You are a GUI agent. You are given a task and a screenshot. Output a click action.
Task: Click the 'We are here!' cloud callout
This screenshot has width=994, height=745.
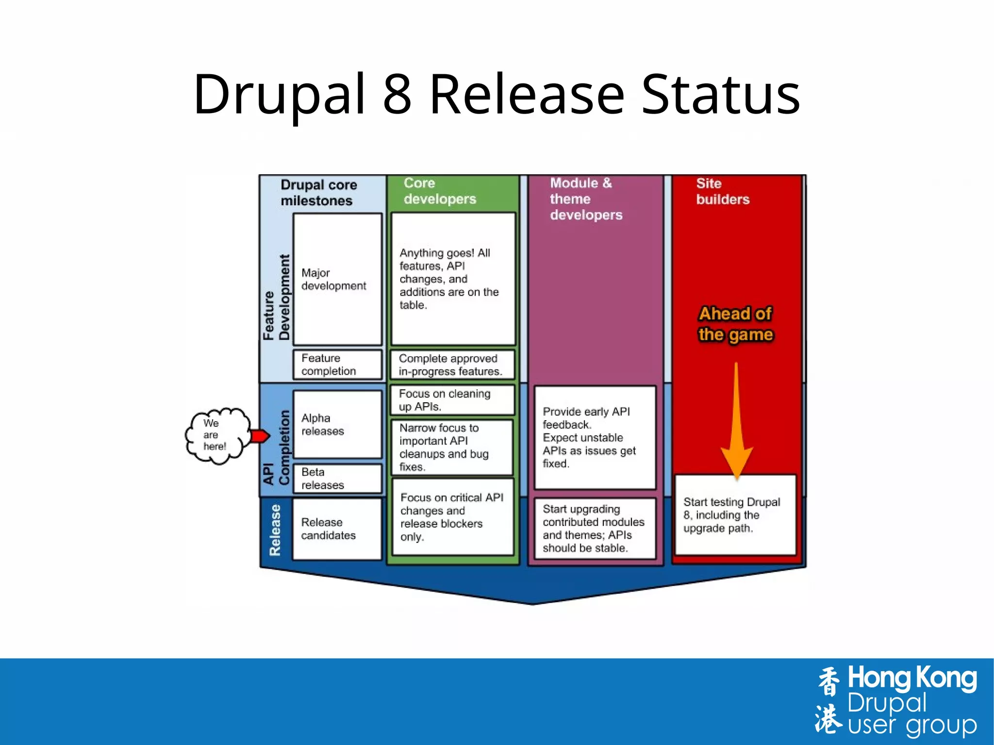(x=216, y=435)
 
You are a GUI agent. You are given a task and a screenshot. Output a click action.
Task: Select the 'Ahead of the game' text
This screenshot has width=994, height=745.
(x=735, y=324)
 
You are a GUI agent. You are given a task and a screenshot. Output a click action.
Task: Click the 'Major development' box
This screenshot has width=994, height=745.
(x=337, y=280)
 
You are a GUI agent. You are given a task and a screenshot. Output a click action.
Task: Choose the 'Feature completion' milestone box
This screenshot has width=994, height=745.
(x=337, y=364)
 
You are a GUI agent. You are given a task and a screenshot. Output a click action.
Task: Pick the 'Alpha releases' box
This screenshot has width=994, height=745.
(x=337, y=424)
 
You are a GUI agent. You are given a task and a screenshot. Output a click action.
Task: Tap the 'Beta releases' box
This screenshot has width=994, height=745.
(x=337, y=479)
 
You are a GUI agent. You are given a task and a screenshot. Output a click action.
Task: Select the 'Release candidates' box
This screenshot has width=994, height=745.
(x=337, y=529)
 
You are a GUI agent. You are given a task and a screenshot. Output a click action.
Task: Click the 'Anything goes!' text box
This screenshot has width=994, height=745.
(x=453, y=279)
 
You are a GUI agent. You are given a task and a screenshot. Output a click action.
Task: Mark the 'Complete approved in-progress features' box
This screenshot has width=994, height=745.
(x=452, y=365)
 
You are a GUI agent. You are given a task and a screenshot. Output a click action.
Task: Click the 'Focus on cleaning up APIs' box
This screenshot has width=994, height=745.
(x=452, y=400)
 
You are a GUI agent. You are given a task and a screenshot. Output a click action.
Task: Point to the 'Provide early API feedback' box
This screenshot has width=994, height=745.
(x=595, y=437)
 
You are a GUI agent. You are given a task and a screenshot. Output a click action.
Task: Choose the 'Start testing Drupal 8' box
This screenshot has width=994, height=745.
(x=735, y=515)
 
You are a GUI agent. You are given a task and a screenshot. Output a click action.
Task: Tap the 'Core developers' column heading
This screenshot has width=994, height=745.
(x=440, y=191)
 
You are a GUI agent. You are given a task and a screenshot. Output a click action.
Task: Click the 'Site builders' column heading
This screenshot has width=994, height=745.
(x=722, y=191)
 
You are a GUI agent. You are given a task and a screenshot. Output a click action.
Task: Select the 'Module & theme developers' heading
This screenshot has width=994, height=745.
(x=586, y=199)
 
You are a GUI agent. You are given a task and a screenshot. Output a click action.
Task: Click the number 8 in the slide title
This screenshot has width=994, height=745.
(x=397, y=94)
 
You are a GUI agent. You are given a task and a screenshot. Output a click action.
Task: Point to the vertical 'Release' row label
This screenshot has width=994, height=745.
(x=275, y=530)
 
